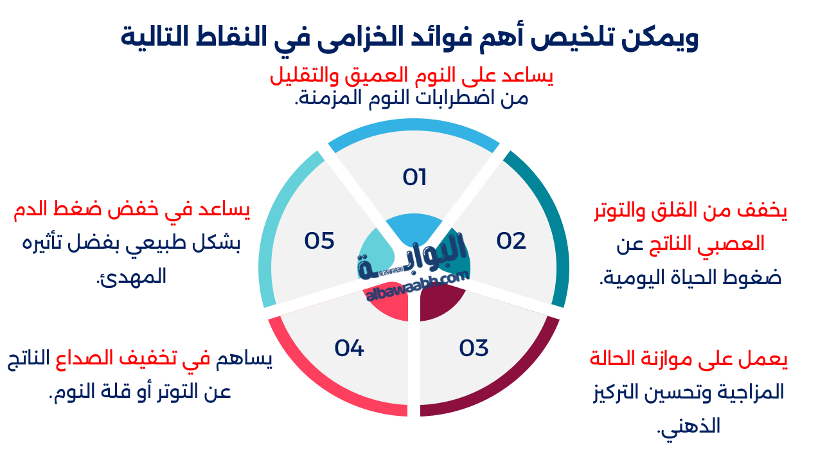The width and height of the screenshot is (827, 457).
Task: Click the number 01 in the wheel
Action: pos(414,177)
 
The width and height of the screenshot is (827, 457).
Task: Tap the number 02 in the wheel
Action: pos(511,241)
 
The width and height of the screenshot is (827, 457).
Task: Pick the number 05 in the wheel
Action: pos(319,241)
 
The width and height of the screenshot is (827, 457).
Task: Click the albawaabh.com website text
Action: pos(418,287)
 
